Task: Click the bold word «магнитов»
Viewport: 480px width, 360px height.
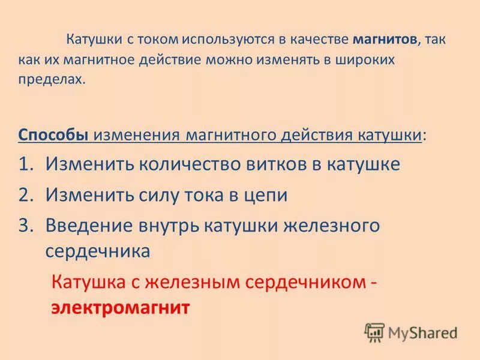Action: click(x=384, y=40)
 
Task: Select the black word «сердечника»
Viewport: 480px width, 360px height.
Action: click(x=98, y=251)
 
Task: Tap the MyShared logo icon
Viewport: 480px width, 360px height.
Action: click(x=374, y=332)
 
